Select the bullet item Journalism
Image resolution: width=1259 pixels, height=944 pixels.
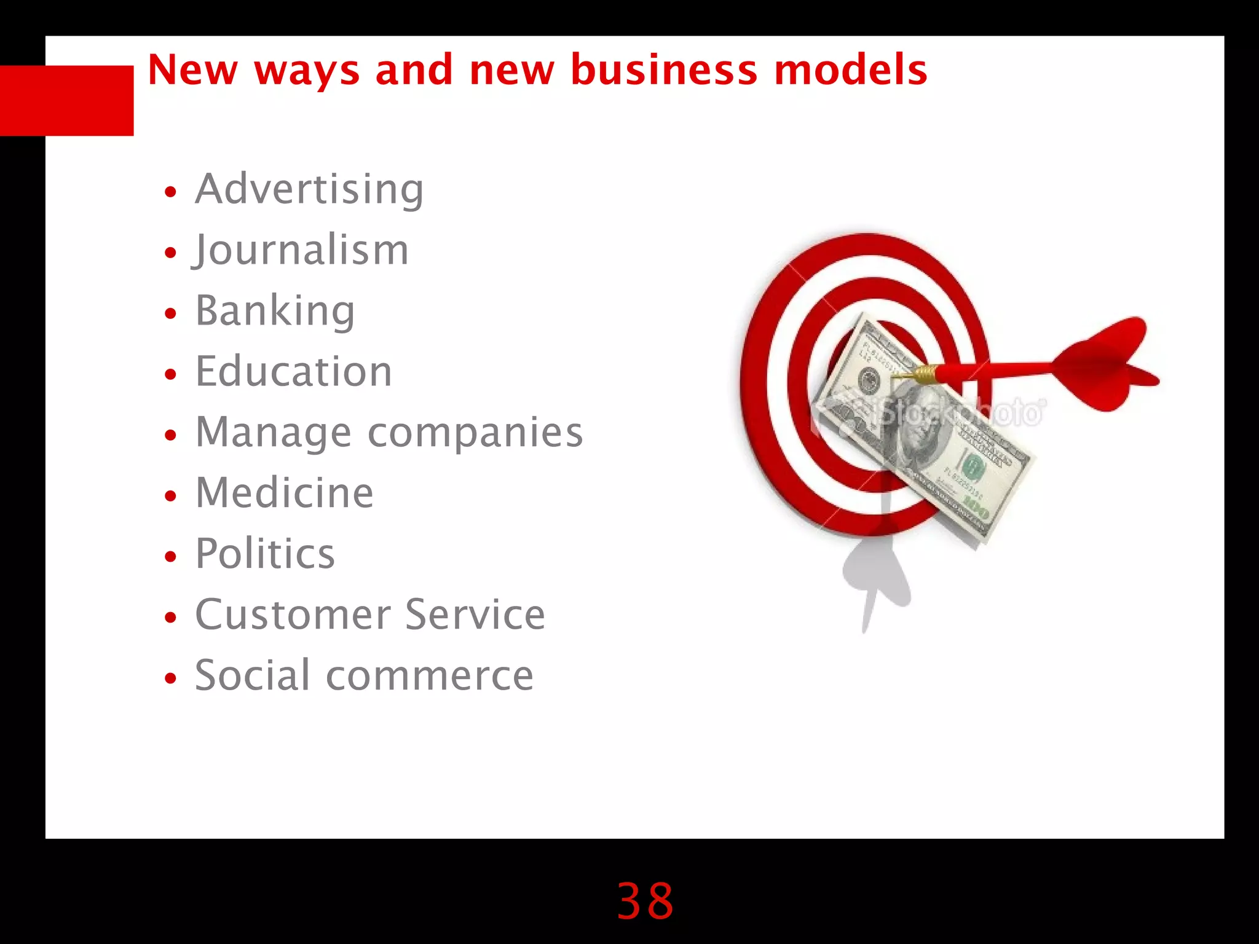301,250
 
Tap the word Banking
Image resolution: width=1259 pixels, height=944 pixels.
275,311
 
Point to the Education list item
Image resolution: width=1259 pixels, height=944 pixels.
294,371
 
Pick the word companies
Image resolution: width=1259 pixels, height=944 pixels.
475,433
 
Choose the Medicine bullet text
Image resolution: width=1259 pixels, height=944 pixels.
284,493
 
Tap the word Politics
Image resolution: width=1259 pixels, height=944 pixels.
265,554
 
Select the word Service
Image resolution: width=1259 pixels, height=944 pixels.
475,615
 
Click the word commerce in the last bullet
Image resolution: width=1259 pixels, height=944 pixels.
429,675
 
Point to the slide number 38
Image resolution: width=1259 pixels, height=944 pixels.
645,901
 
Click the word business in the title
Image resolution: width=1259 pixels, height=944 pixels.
664,69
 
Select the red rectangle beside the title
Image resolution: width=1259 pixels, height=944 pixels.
66,100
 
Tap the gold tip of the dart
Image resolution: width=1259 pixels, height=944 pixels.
922,374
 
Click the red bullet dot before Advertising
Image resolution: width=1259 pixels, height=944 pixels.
171,192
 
